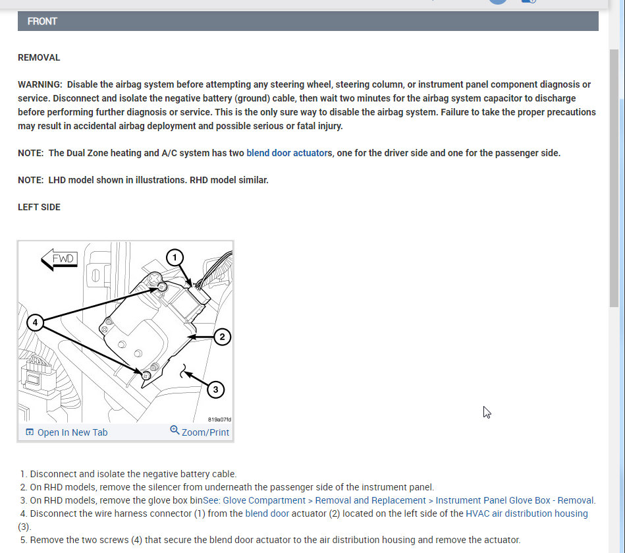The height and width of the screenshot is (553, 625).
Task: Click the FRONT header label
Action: point(42,21)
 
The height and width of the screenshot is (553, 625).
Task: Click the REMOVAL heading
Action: point(39,57)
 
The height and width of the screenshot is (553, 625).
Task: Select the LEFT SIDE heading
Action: point(39,207)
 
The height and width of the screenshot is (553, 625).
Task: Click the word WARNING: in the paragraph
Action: point(40,84)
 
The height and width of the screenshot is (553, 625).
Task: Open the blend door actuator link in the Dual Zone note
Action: point(288,153)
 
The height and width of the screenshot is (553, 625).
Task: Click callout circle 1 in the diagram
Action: point(174,257)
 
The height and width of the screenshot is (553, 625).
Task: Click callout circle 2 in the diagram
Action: point(222,337)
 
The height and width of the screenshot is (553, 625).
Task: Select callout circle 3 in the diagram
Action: point(215,390)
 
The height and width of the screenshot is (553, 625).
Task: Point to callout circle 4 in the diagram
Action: point(35,323)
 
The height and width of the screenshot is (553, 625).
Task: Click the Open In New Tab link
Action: point(67,432)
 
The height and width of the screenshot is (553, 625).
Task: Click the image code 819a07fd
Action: point(220,419)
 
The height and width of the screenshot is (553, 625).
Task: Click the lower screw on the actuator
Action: point(146,375)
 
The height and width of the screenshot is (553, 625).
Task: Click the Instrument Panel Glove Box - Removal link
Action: point(515,500)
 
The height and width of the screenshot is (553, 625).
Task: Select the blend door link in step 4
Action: point(267,513)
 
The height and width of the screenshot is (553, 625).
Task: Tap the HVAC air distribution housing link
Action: point(526,513)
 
